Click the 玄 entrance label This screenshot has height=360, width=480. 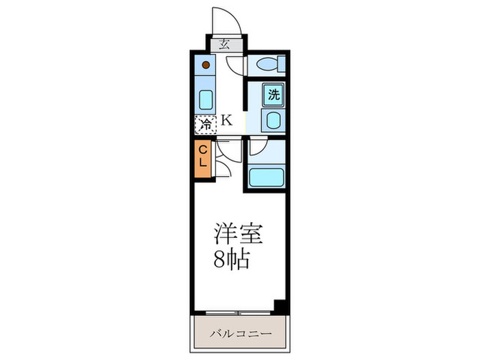224,46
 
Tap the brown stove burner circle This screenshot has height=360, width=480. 206,67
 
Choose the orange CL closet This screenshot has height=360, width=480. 204,158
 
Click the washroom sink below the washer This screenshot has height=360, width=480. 272,123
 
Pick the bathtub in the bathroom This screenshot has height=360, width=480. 267,178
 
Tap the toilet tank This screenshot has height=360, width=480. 280,65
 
